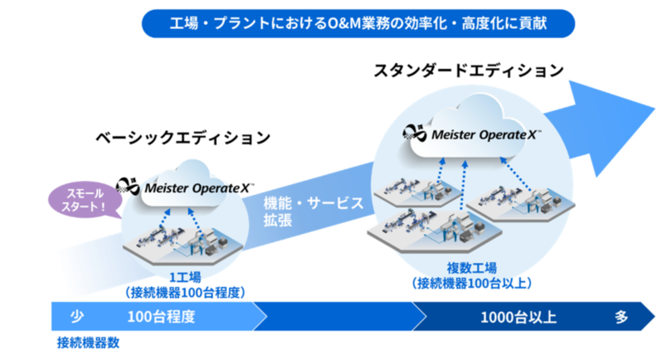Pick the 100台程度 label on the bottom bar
point(161,316)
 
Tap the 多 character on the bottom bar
point(621,316)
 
